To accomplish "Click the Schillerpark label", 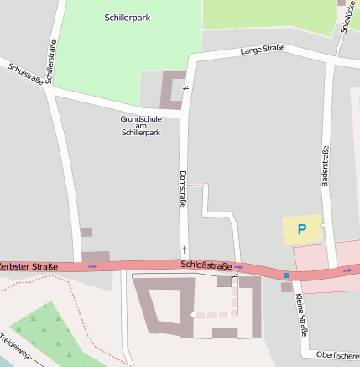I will tap(128, 17).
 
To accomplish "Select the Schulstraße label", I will tap(24, 74).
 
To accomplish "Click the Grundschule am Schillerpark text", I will tap(140, 126).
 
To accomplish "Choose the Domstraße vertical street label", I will tap(182, 191).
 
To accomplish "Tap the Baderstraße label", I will tap(325, 165).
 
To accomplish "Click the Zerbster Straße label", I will tap(29, 266).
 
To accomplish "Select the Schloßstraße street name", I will tap(206, 265).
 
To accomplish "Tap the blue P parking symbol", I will tap(302, 228).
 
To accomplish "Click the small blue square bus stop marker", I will tap(286, 275).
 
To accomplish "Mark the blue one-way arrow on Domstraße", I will tap(185, 249).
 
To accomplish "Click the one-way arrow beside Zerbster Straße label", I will tap(91, 266).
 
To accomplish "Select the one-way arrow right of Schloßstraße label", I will tap(239, 268).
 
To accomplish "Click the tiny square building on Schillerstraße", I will tap(86, 232).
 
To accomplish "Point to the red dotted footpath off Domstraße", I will tap(196, 185).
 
